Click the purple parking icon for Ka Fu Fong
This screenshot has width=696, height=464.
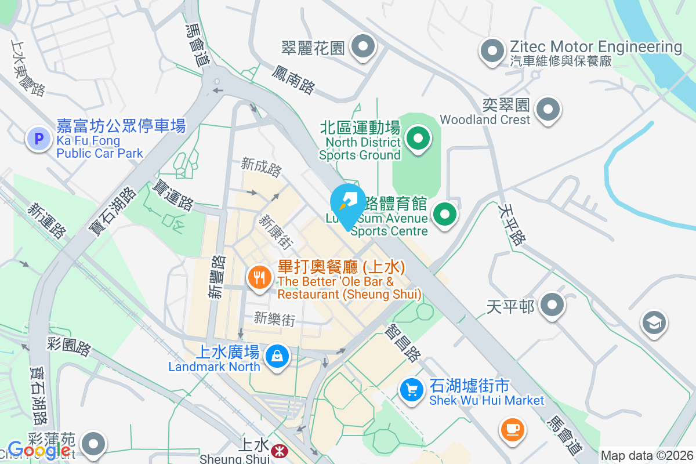(39, 139)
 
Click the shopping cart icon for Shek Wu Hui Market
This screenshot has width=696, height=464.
(412, 389)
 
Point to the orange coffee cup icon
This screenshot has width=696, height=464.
(513, 430)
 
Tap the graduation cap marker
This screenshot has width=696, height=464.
(654, 322)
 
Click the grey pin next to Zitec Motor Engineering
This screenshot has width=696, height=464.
(492, 50)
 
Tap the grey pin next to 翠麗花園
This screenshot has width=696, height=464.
(364, 46)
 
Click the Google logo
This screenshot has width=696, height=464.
(39, 449)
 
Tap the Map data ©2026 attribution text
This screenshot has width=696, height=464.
(647, 455)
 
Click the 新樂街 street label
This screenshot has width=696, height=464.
(275, 318)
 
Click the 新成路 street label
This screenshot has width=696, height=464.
(262, 168)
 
